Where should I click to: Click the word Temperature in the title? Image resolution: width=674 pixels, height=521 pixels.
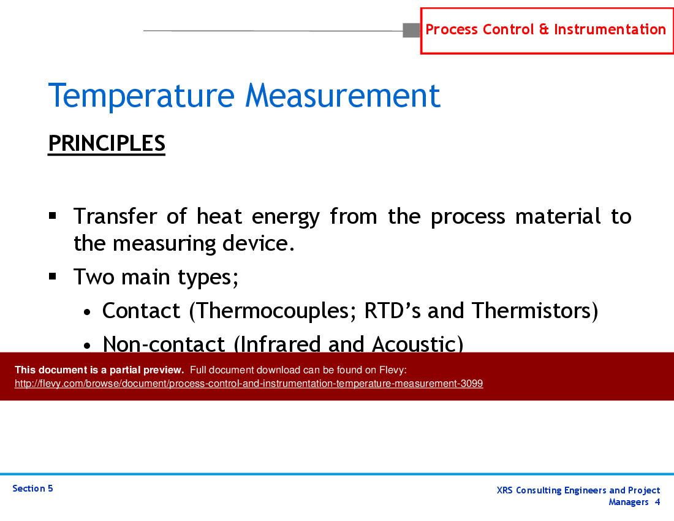coord(141,96)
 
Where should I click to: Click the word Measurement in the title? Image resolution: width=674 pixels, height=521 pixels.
coord(343,96)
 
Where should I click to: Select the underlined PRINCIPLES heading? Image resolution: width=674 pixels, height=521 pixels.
coord(107,143)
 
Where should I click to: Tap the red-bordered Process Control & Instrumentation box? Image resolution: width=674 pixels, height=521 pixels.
coord(546,30)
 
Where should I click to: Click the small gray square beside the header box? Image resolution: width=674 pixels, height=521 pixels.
coord(411,30)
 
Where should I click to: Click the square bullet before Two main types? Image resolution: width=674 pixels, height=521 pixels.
coord(53,276)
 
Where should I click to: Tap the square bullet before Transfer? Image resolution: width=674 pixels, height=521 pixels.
coord(53,216)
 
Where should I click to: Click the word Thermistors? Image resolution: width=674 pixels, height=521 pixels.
coord(531,311)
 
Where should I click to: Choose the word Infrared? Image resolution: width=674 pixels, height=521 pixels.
coord(281,344)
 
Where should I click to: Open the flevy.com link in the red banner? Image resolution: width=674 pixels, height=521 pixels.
coord(249,384)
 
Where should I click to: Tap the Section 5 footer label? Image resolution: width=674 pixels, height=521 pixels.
coord(32,489)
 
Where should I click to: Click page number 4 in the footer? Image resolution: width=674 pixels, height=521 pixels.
coord(657,502)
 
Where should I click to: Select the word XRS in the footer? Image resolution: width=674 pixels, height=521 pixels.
coord(505,490)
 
